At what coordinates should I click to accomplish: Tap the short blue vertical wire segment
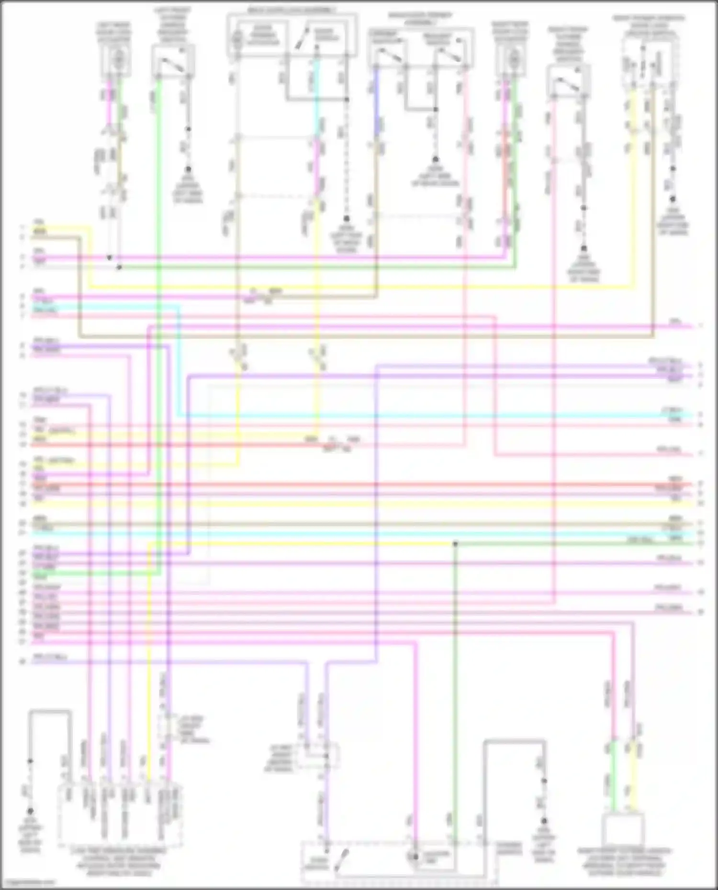tap(376, 96)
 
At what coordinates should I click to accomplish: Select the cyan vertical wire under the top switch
tap(316, 96)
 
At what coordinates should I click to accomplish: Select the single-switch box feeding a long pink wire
tap(568, 81)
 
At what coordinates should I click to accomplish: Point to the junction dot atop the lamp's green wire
tap(455, 544)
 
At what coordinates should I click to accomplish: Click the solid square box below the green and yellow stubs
tap(623, 830)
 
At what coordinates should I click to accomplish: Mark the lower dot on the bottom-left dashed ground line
tap(30, 812)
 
